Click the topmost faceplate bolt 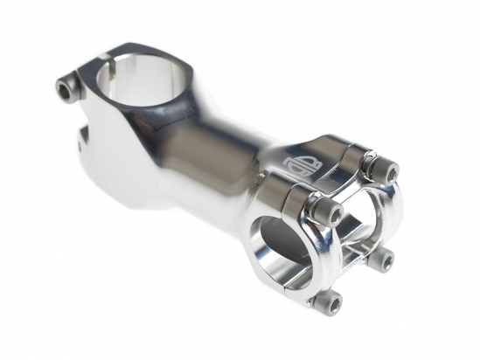(378, 168)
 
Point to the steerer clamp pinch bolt (66, 88)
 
